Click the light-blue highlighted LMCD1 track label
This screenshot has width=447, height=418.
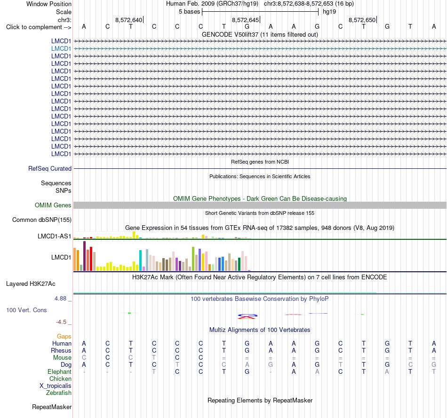[61, 49]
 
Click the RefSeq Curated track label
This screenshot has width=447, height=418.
[50, 169]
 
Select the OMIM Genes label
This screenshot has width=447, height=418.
[53, 205]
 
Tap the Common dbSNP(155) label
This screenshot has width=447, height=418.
[42, 220]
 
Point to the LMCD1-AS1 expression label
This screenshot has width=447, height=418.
[54, 236]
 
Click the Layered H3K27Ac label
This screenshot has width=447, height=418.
[31, 284]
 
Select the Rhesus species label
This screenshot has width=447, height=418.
[61, 350]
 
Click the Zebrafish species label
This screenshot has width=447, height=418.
[59, 393]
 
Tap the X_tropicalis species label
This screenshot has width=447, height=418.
[56, 386]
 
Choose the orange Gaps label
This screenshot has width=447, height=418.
[64, 337]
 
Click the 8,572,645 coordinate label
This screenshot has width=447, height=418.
[245, 20]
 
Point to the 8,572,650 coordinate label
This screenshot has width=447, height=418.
[362, 20]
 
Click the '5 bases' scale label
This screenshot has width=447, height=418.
[189, 12]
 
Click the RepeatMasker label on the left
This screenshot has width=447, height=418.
[52, 407]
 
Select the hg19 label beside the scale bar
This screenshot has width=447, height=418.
[329, 12]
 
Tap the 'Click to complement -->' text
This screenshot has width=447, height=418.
[39, 27]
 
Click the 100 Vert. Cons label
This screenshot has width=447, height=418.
[26, 310]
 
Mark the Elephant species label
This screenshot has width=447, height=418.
[59, 371]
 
